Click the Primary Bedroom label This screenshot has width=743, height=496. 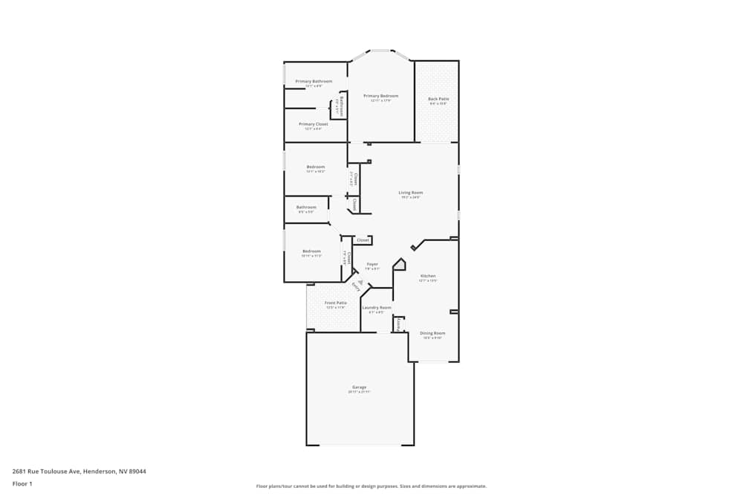point(380,96)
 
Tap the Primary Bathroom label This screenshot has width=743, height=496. point(314,81)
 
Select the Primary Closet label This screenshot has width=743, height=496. point(313,124)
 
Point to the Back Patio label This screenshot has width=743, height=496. point(438,99)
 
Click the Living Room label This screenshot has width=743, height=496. point(411,193)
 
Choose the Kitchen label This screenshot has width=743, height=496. point(428,276)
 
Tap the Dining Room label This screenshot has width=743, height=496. point(432,333)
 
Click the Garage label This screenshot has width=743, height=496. point(360,387)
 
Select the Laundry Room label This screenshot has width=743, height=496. point(377,307)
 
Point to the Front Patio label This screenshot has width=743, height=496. point(336,303)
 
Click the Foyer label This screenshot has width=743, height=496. point(372,264)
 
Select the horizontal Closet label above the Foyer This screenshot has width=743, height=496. point(363,240)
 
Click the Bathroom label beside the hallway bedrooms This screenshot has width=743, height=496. point(306,207)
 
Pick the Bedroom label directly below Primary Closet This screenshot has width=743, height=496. point(316,167)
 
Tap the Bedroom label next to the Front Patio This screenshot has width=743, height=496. point(311,251)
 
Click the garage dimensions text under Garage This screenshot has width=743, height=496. point(360,392)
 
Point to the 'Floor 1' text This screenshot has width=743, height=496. point(22,483)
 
